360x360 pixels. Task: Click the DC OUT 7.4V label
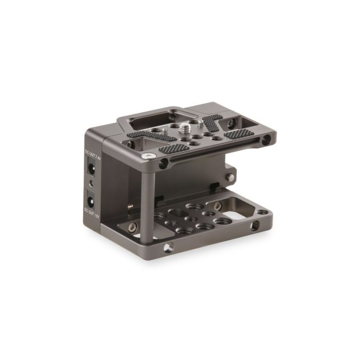pyautogui.click(x=87, y=155)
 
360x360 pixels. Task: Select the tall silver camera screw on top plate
pyautogui.click(x=187, y=125)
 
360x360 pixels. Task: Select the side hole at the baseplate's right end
pyautogui.click(x=254, y=226)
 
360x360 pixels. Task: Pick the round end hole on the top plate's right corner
pyautogui.click(x=266, y=139)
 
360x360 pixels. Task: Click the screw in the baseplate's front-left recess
pyautogui.click(x=132, y=227)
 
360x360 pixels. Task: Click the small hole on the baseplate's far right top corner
pyautogui.click(x=262, y=211)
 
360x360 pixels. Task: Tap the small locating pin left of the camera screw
pyautogui.click(x=164, y=131)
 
